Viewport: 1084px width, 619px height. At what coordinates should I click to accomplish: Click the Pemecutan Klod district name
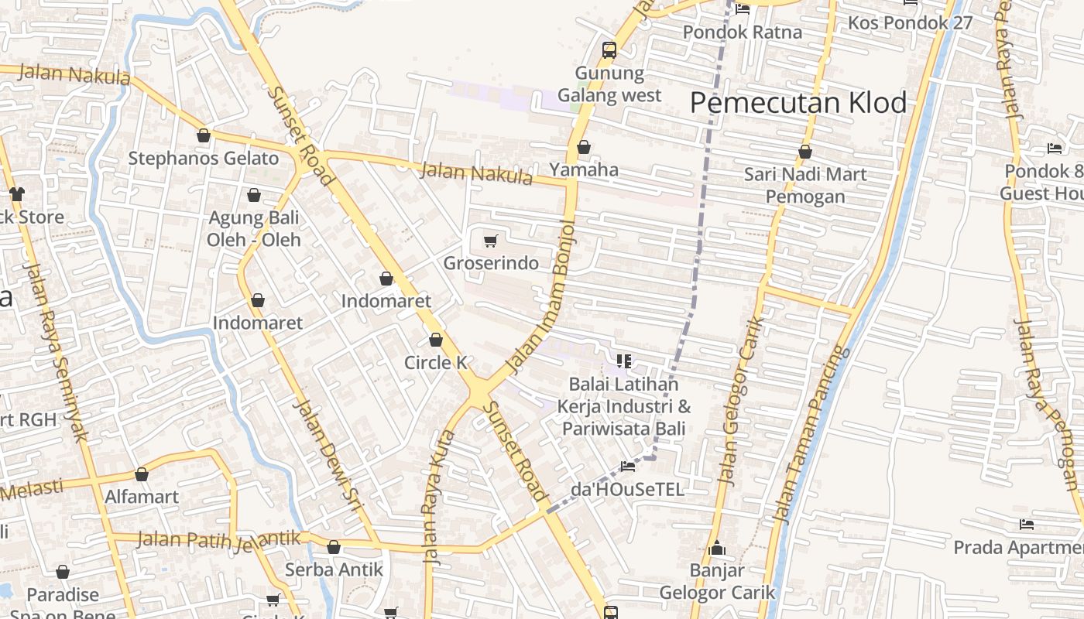[x=798, y=103]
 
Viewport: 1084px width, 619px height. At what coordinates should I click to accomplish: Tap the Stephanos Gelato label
[x=203, y=159]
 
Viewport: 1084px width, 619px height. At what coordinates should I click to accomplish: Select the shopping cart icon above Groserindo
[x=490, y=241]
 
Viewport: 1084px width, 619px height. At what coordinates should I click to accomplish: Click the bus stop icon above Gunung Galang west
[x=609, y=51]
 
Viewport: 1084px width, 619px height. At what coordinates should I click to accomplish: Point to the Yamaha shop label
[x=584, y=169]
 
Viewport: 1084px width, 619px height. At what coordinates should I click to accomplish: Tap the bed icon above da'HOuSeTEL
[x=627, y=466]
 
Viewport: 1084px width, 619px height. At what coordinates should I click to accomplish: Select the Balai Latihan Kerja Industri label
[x=624, y=406]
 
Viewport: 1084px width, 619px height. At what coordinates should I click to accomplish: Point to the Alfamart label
[x=142, y=497]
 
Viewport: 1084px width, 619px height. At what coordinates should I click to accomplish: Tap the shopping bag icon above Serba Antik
[x=334, y=547]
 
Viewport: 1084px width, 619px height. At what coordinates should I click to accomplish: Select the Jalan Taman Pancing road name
[x=811, y=433]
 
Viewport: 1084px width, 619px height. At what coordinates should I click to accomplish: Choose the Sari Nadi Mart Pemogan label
[x=805, y=185]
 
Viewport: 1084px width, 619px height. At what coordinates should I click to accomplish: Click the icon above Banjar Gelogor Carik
[x=717, y=549]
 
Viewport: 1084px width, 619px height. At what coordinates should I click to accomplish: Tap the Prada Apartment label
[x=1017, y=548]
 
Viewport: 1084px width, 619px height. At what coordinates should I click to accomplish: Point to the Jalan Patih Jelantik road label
[x=218, y=539]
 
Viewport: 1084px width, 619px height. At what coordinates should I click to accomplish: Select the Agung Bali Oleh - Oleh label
[x=254, y=228]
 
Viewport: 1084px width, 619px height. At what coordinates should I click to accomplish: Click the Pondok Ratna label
[x=742, y=32]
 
